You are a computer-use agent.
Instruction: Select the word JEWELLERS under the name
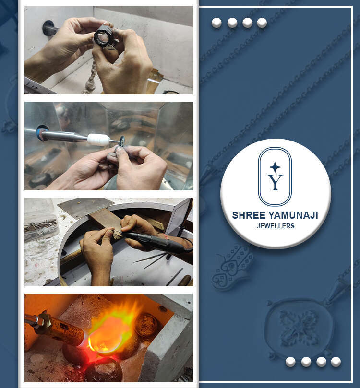click(276, 226)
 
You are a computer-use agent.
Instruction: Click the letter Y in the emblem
click(275, 182)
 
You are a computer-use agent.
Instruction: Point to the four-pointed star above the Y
click(275, 167)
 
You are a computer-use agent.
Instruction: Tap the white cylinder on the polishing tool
click(98, 140)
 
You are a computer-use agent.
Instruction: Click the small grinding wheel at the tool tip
click(121, 141)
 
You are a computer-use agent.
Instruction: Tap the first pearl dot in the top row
click(216, 23)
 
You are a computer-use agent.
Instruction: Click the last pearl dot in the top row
click(262, 23)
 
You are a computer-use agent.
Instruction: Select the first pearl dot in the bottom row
click(290, 362)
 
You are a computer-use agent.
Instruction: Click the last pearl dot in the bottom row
click(336, 362)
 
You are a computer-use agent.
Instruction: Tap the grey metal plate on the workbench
click(85, 207)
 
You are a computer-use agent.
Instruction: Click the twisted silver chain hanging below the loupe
click(90, 77)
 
